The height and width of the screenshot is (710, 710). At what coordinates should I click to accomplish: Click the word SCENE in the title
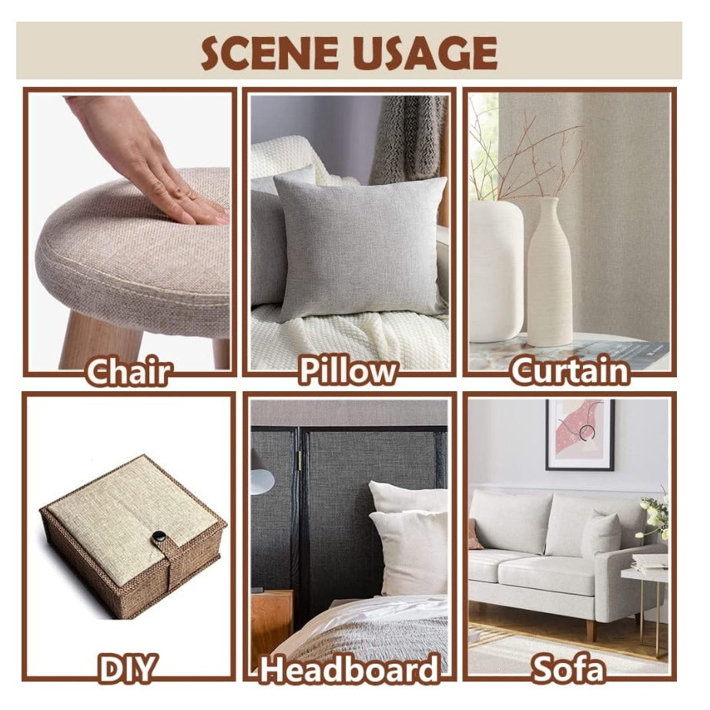pyautogui.click(x=270, y=52)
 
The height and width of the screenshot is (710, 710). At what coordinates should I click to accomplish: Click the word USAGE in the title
pyautogui.click(x=424, y=52)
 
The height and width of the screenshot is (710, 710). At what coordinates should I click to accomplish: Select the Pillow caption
pyautogui.click(x=348, y=371)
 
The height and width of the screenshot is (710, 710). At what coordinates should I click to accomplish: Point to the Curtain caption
pyautogui.click(x=570, y=371)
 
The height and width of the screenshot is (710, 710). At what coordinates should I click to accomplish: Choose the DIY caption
pyautogui.click(x=127, y=668)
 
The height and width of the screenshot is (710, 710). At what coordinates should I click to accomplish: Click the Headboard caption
pyautogui.click(x=349, y=668)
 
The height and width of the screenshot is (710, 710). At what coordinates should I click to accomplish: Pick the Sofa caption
pyautogui.click(x=569, y=668)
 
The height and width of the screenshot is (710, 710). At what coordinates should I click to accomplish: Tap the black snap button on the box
pyautogui.click(x=159, y=537)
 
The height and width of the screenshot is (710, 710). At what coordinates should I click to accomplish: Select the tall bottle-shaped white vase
pyautogui.click(x=550, y=273)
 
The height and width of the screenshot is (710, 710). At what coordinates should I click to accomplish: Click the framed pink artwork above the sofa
pyautogui.click(x=580, y=434)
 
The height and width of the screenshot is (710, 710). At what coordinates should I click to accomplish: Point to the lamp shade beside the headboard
pyautogui.click(x=262, y=481)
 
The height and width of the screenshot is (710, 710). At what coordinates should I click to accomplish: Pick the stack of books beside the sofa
pyautogui.click(x=650, y=563)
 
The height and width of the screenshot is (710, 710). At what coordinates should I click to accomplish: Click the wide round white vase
pyautogui.click(x=496, y=272)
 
